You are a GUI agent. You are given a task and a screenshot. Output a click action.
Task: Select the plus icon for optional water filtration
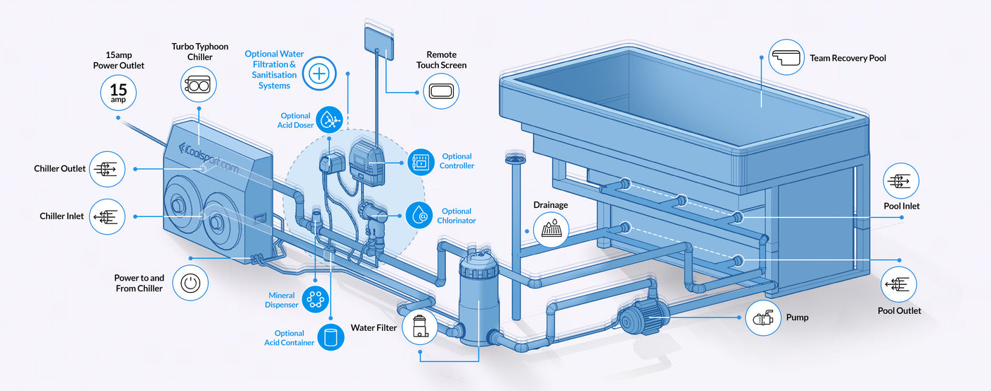pyautogui.click(x=320, y=74)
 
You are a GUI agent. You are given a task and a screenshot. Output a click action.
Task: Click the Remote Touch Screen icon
pyautogui.click(x=441, y=92)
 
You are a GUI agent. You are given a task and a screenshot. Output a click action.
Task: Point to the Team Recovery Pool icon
pyautogui.click(x=786, y=57)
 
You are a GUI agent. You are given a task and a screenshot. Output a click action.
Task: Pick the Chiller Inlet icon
pyautogui.click(x=108, y=216)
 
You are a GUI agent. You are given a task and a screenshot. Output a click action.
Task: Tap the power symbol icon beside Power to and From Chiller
pyautogui.click(x=190, y=283)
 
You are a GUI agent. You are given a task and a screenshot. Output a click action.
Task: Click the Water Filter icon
pyautogui.click(x=420, y=328)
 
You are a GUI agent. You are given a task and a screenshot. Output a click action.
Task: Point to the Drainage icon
pyautogui.click(x=551, y=228)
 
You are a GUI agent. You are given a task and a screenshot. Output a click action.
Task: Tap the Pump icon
pyautogui.click(x=762, y=318)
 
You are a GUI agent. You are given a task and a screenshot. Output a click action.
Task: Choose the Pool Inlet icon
pyautogui.click(x=901, y=181)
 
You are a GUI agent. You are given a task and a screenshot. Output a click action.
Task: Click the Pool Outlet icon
pyautogui.click(x=899, y=285)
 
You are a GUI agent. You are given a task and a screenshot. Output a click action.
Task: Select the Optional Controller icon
pyautogui.click(x=421, y=162)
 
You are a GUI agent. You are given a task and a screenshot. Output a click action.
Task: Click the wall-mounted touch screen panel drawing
pyautogui.click(x=379, y=38)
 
